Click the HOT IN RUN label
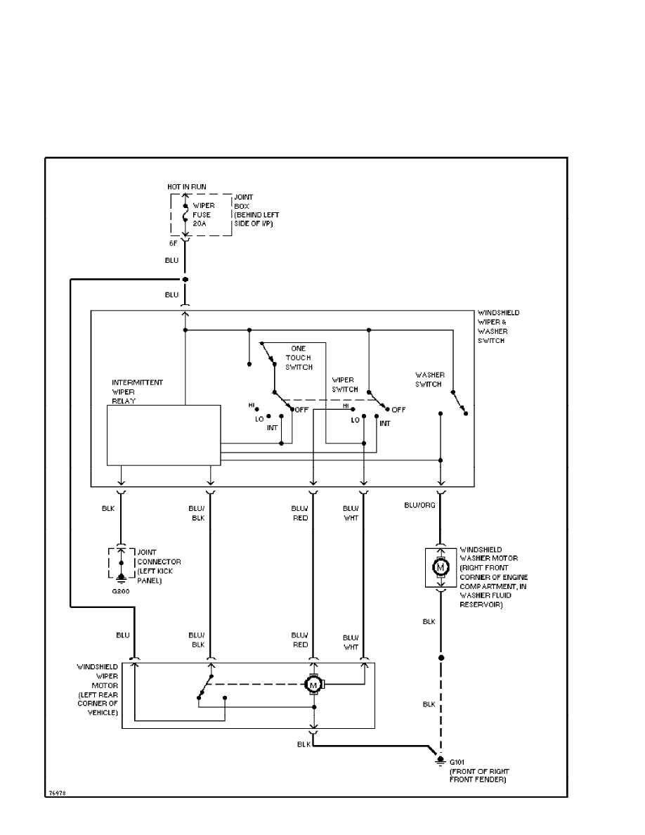pos(186,186)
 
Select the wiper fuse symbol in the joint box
pos(185,214)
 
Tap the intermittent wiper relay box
pos(164,434)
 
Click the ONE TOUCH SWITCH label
pos(301,358)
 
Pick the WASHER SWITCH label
pos(429,380)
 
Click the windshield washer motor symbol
pos(441,567)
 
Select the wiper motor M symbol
pos(314,683)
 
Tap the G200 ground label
pos(120,591)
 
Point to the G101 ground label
pos(457,761)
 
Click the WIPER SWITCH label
pos(345,384)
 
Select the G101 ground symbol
pos(441,760)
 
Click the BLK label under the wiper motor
pos(304,744)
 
